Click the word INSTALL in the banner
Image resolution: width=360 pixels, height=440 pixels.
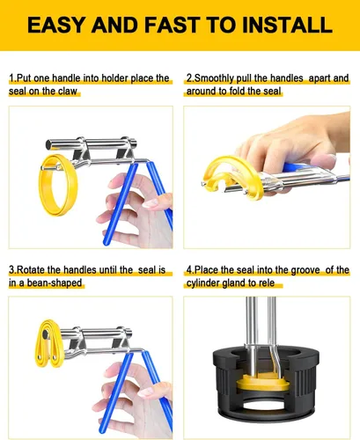[287, 25]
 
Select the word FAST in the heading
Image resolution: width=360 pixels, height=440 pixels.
[173, 25]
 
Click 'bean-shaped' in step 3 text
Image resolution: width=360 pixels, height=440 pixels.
[55, 283]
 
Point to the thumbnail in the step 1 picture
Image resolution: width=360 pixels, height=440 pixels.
[151, 203]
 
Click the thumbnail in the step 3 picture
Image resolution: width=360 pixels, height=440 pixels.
[146, 392]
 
